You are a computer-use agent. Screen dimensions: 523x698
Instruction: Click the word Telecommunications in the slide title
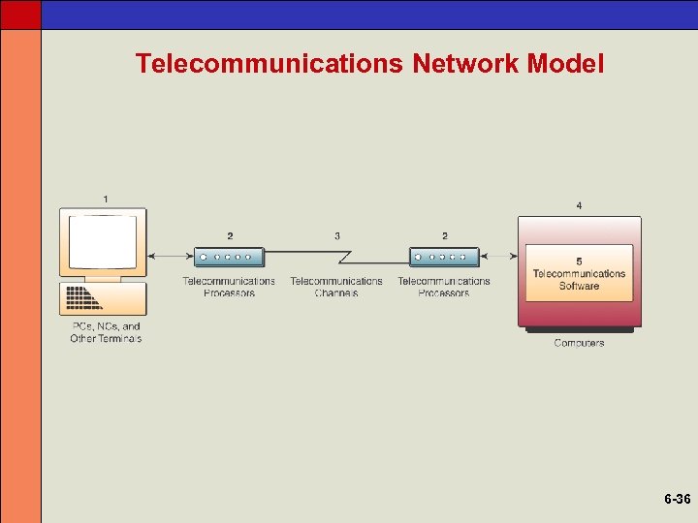click(270, 64)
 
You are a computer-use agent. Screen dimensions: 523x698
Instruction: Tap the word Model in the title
click(566, 64)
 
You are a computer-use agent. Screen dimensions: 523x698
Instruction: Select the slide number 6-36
click(677, 500)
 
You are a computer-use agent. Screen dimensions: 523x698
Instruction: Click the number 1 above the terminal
click(106, 200)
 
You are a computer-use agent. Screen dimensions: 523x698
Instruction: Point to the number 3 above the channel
click(336, 236)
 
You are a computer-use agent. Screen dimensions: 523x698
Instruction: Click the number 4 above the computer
click(579, 205)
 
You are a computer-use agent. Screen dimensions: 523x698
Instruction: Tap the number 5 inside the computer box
click(579, 261)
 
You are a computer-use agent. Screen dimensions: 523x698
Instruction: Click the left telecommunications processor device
click(229, 257)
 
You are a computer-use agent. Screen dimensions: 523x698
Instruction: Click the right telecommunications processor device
click(444, 257)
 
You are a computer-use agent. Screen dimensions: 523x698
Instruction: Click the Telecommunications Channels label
click(336, 287)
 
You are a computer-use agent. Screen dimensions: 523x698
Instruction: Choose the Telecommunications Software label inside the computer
click(579, 280)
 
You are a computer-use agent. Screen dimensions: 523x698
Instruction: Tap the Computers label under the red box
click(579, 343)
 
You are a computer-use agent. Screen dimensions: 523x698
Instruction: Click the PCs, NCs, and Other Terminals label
click(106, 332)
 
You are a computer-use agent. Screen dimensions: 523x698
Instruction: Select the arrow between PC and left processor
click(171, 257)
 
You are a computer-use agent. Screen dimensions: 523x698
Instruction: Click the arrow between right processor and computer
click(498, 257)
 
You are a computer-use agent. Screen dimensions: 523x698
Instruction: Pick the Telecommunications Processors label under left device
click(229, 287)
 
